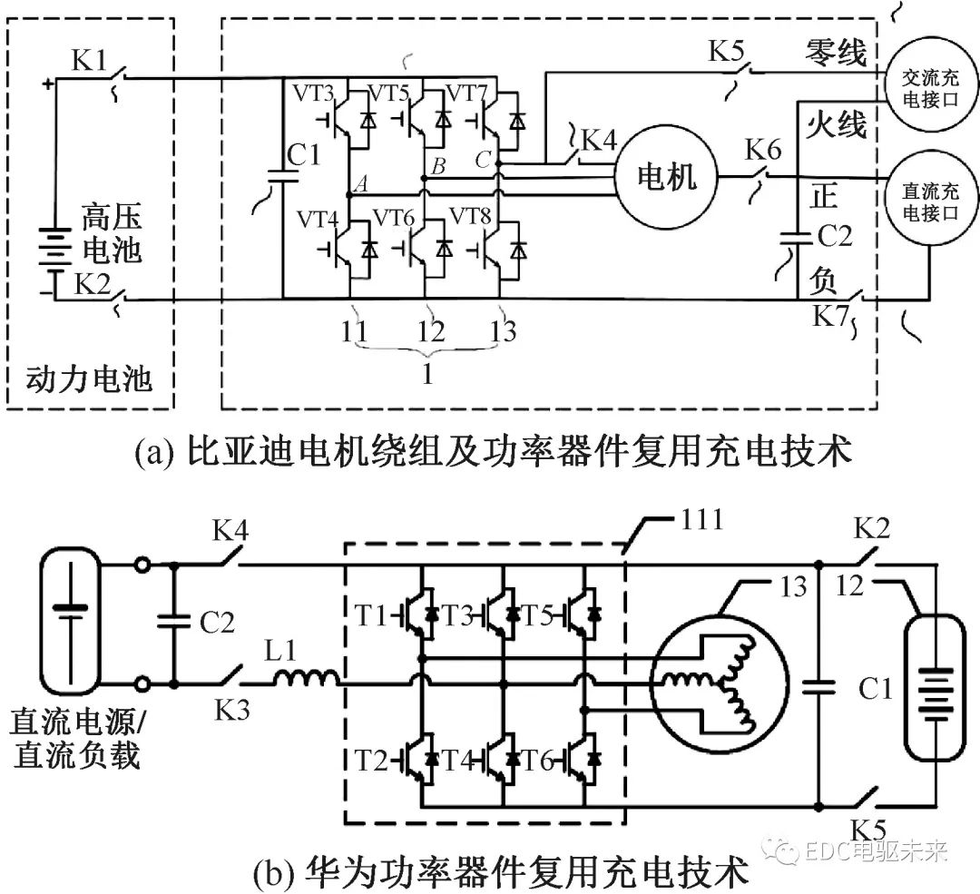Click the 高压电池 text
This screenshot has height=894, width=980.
pos(112,234)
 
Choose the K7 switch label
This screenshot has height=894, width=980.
pos(831,317)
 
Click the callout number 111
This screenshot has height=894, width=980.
pos(699,521)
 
